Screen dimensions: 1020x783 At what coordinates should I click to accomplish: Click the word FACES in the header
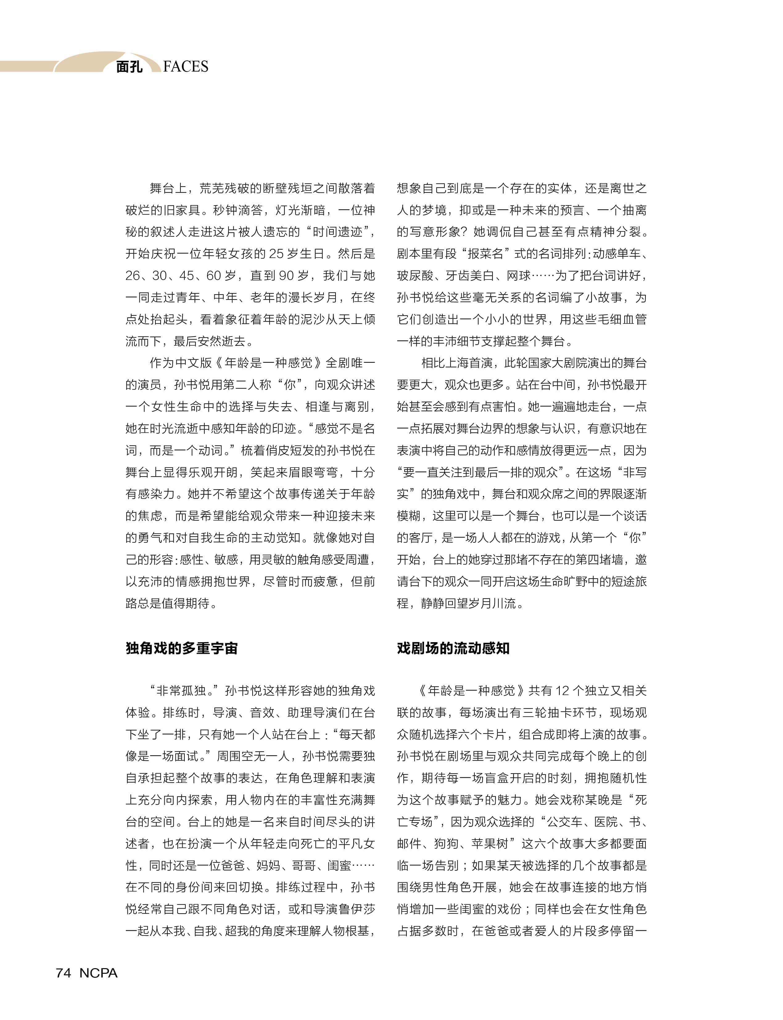point(186,67)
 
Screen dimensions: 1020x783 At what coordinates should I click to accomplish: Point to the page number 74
point(64,973)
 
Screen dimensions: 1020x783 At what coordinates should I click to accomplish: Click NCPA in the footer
point(98,973)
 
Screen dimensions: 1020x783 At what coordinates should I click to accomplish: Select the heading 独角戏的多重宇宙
point(182,648)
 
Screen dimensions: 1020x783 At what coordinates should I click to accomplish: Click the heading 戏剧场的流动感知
point(453,648)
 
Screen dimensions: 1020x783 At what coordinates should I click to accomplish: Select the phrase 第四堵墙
point(599,560)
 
